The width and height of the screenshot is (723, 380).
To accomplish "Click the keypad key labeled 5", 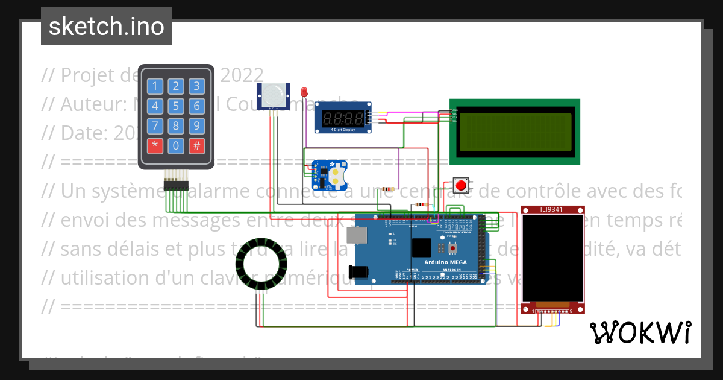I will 176,107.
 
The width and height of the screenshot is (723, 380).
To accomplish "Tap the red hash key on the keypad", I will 196,145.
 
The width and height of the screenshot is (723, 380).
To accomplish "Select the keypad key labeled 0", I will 176,145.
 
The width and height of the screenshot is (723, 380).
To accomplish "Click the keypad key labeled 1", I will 155,86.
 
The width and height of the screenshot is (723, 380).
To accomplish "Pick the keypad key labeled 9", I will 196,126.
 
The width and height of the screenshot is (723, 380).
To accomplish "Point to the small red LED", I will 304,92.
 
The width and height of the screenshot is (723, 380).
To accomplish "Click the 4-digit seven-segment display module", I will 343,118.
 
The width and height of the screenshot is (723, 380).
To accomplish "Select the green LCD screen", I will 514,132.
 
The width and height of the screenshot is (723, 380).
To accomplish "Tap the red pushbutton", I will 462,185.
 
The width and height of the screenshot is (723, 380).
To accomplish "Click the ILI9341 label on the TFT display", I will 552,209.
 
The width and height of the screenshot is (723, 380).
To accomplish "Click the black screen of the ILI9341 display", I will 552,258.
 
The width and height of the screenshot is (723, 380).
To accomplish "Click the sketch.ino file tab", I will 107,27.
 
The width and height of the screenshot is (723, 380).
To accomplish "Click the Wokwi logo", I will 640,332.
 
